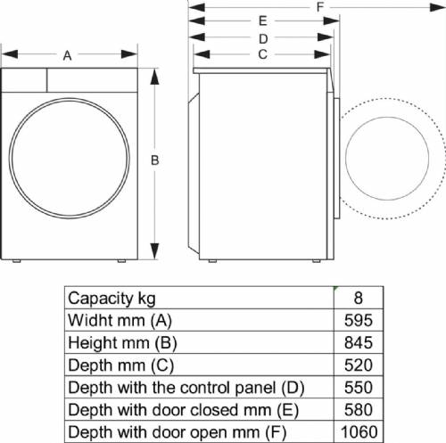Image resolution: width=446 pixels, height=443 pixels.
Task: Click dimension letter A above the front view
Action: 68,55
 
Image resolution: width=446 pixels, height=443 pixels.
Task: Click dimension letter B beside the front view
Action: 154,160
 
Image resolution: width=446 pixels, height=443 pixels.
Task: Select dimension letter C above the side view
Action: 263,53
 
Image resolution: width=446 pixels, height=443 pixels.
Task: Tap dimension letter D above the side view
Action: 263,38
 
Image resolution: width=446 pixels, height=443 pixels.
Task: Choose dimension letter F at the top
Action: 319,7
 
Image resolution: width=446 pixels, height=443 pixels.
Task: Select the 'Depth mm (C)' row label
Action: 121,365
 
